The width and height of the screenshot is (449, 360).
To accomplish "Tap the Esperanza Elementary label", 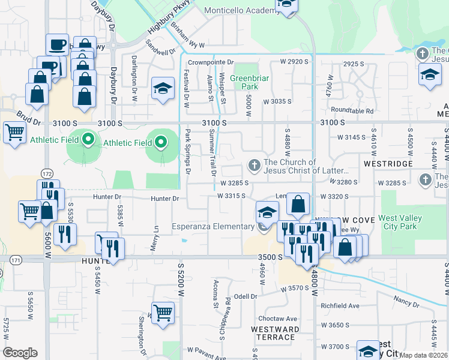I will pos(213,226).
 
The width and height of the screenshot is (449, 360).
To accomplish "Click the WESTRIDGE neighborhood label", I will pos(388,163).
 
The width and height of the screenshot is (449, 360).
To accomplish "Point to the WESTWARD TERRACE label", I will pos(275,334).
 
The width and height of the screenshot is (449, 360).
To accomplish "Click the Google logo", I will pos(20,353).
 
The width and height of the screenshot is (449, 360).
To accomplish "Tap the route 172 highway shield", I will pos(47,173).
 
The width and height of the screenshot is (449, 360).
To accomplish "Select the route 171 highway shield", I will pos(15,260).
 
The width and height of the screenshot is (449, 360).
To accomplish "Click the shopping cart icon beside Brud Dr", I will pos(14,132).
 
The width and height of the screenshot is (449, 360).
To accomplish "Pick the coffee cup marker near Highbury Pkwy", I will pos(57,44).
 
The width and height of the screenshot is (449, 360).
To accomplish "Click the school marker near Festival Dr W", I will pos(162,89).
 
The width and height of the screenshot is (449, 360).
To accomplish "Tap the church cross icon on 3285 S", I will pos(425,179).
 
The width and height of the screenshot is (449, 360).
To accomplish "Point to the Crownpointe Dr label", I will pos(210,62).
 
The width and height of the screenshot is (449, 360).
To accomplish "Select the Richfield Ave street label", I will pos(339,305).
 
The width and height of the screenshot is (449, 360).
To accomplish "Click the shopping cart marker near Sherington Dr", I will pos(163,312).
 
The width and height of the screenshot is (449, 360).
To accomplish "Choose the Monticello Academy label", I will pos(239,10).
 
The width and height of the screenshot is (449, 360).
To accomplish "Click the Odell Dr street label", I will pos(246,296).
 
